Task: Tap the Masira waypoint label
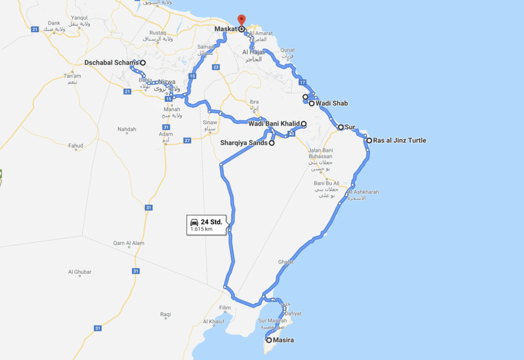tap(283, 340)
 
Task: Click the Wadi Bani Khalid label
tap(273, 124)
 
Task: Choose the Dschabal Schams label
tap(111, 62)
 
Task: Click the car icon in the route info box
tap(194, 222)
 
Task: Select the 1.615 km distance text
tap(201, 229)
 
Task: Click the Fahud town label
tap(76, 145)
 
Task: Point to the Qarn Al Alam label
tap(129, 243)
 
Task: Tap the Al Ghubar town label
tap(79, 272)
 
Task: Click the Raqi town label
tap(166, 314)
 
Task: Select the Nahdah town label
tap(127, 129)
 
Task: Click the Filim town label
tap(224, 308)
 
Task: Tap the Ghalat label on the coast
tap(286, 262)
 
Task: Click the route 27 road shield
tap(187, 140)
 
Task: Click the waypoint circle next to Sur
tap(341, 127)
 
